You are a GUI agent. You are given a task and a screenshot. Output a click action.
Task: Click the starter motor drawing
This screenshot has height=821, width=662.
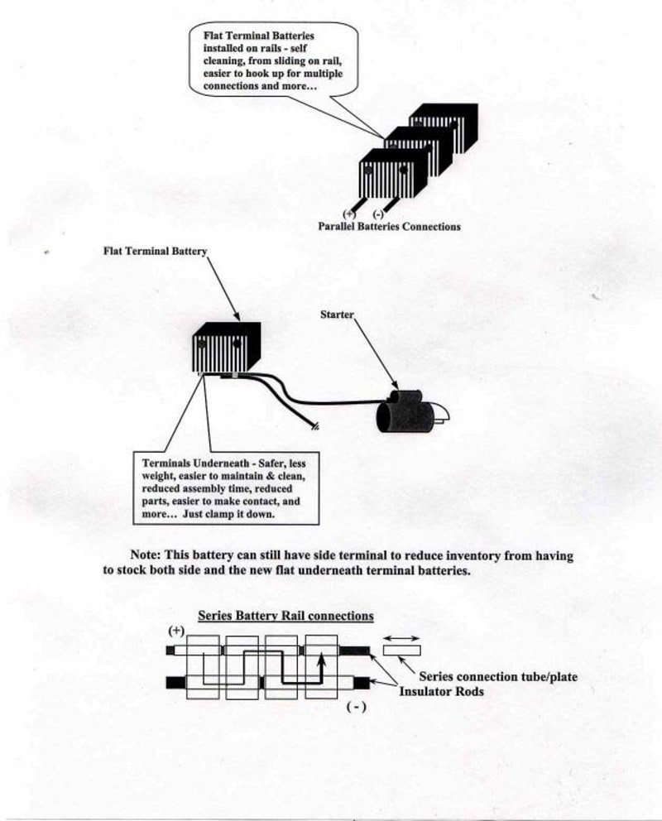point(407,414)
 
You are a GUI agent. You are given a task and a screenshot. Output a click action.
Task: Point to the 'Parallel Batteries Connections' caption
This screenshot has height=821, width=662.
point(389,226)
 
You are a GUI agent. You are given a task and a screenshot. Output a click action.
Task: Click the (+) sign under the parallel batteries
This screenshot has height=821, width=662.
point(348,214)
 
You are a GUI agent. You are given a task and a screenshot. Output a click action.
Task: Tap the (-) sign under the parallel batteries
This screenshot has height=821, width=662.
point(379,214)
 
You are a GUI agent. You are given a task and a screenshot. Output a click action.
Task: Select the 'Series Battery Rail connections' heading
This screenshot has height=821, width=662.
point(285,616)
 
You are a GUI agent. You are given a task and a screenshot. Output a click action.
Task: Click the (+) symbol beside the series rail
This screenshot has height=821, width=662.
point(175,631)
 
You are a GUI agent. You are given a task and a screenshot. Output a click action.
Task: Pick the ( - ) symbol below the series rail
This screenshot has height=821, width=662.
point(356,708)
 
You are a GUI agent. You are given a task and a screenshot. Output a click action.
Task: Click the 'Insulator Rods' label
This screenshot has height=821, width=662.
point(441,691)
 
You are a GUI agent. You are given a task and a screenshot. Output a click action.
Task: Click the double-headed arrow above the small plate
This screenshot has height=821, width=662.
point(401,637)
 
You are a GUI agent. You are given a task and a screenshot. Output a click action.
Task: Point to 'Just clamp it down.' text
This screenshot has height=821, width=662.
point(233,514)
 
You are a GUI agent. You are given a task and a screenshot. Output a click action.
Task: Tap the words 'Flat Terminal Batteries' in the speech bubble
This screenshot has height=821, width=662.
point(246,36)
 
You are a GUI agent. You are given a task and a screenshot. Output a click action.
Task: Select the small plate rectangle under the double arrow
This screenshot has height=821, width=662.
point(401,650)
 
